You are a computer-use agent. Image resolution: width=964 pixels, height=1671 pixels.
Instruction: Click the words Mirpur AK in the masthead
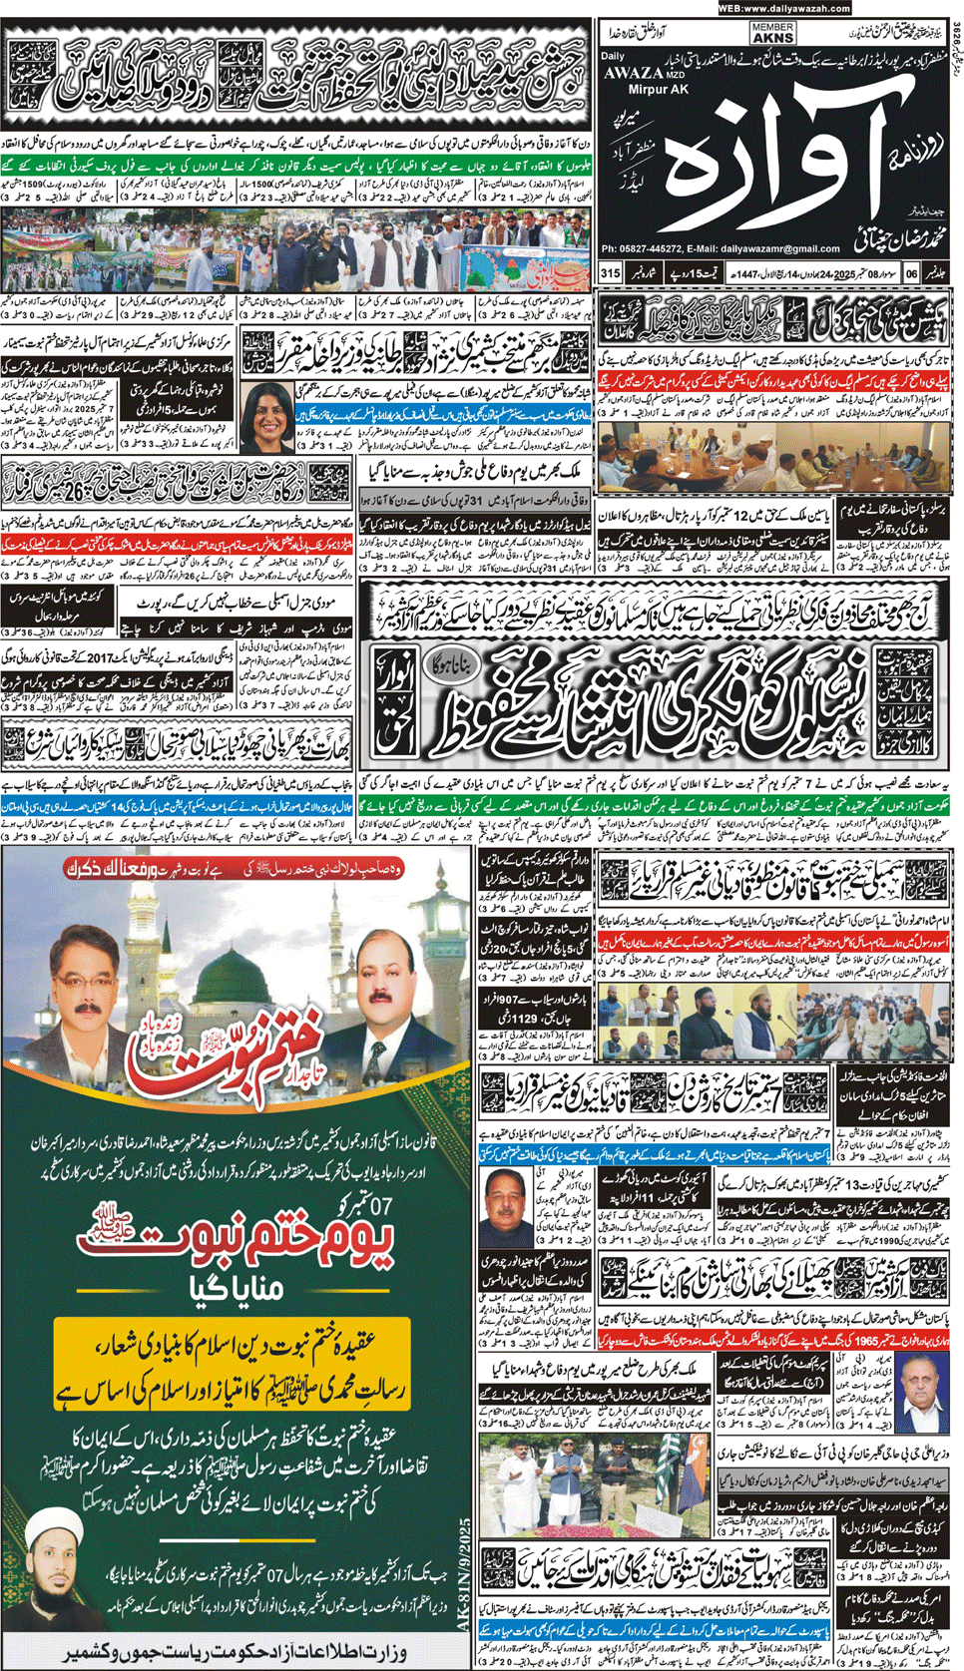point(633,88)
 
